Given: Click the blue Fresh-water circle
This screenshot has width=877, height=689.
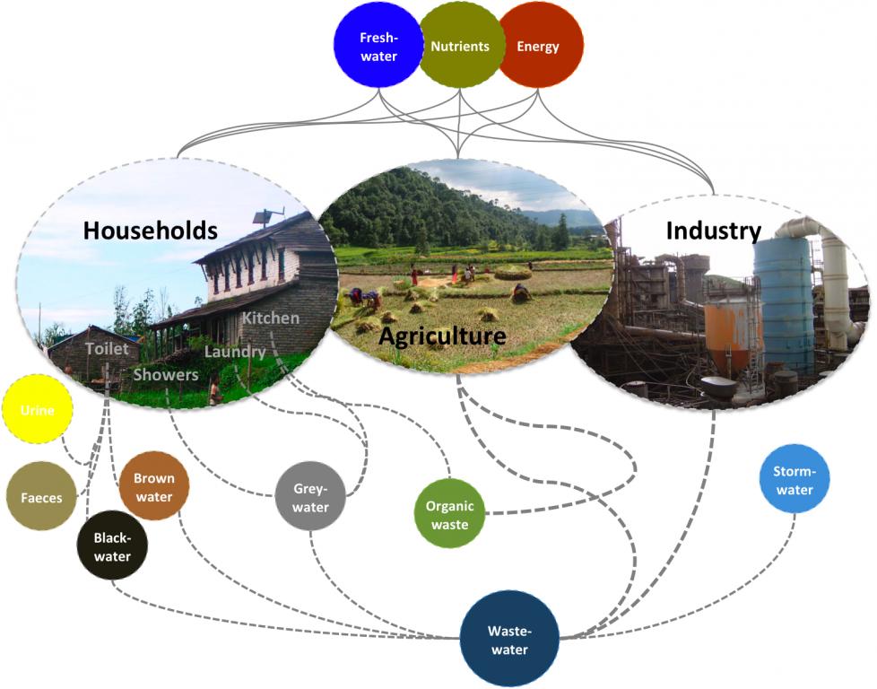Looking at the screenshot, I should coord(378,45).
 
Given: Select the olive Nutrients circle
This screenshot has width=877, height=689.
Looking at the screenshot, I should coord(460,45).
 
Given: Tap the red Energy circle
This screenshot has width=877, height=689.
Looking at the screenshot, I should coord(539,45).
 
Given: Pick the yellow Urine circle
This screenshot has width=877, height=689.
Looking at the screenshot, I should coord(39,410).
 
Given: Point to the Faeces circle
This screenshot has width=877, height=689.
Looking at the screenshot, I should coord(41,496).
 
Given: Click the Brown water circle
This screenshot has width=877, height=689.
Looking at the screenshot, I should coord(154,486).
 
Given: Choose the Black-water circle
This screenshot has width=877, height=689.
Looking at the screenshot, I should coord(112,545).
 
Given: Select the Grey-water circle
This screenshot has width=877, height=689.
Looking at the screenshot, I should coord(311,497).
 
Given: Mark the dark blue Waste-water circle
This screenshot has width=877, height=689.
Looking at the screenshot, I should coord(509,639).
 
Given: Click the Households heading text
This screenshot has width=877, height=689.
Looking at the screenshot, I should coord(151,231).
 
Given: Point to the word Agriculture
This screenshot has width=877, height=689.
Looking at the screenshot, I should coord(442,336).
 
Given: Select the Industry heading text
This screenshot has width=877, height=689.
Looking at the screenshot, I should coord(713,231).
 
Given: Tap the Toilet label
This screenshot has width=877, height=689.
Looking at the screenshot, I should coord(107,348).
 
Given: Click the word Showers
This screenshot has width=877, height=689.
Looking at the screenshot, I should coord(166,375).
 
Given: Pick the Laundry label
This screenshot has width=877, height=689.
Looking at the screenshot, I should coord(235,352).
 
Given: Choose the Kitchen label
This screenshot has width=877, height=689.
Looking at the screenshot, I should coord(271,318).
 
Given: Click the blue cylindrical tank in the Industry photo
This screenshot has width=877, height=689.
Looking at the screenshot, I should coord(783,305).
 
